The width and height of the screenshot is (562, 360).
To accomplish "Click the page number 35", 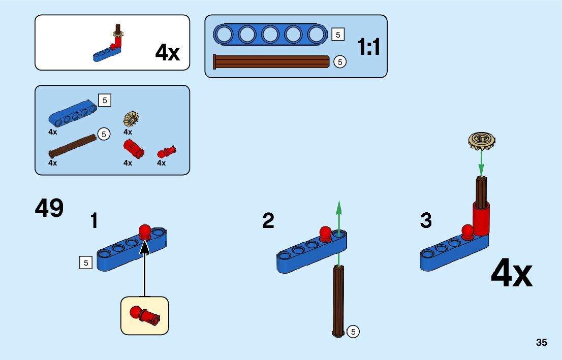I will click(541, 343).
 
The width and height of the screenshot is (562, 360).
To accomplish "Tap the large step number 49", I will click(49, 208).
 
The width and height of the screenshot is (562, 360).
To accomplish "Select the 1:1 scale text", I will click(369, 47).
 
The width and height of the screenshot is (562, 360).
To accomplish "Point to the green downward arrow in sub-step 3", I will click(481, 162).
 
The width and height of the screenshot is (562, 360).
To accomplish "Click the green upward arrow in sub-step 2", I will click(339, 218).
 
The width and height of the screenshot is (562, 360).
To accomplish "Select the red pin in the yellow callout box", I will click(145, 315).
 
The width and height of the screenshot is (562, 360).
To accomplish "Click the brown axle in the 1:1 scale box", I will click(272, 61).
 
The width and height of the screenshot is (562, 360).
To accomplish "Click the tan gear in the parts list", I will click(131, 119).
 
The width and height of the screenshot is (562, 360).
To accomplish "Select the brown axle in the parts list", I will click(73, 145).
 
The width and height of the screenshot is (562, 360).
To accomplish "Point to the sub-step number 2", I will click(268, 221).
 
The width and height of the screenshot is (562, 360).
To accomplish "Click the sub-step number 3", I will click(426, 221).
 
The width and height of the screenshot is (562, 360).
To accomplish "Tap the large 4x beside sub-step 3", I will click(511, 274).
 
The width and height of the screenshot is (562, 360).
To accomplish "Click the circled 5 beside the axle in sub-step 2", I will click(354, 332).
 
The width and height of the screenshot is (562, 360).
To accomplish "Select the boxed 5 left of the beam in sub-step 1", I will click(86, 263).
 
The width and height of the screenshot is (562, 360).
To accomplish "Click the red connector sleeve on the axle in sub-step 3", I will click(480, 216).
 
